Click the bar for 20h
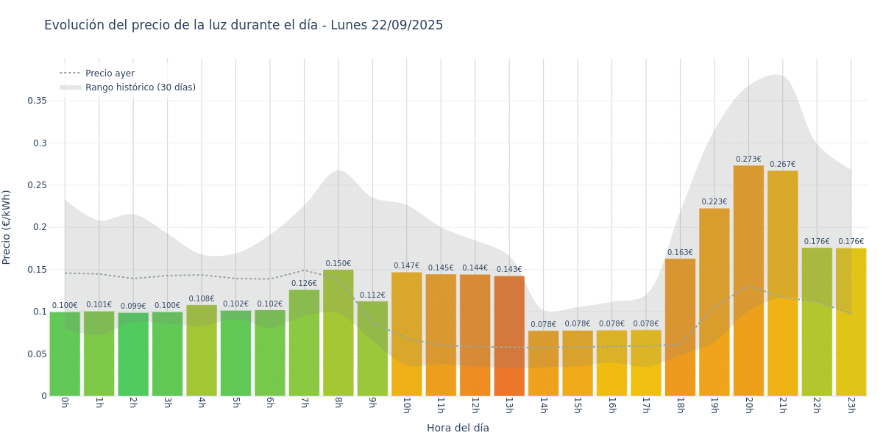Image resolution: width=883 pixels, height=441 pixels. click(x=748, y=281)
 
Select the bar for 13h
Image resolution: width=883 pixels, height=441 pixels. click(x=509, y=336)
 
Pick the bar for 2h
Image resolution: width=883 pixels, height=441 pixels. click(x=133, y=354)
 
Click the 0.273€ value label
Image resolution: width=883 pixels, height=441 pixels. click(x=748, y=159)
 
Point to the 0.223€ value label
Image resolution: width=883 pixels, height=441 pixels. click(x=714, y=202)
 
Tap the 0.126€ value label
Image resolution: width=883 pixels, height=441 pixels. click(x=304, y=284)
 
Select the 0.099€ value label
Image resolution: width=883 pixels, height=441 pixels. click(x=133, y=306)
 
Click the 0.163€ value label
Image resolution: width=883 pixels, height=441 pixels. click(x=680, y=253)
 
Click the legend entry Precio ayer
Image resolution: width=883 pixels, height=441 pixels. click(x=110, y=73)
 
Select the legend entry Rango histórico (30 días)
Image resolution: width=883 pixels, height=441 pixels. click(x=141, y=87)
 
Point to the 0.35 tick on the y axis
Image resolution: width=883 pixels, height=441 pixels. click(x=37, y=101)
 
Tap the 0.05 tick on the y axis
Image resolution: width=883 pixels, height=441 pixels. click(x=37, y=354)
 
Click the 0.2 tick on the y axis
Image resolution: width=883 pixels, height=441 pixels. click(x=40, y=227)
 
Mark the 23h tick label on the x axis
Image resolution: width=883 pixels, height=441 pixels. click(x=851, y=406)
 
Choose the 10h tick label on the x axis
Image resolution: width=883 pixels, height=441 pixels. click(x=406, y=406)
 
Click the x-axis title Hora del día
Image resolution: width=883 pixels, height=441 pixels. click(x=458, y=428)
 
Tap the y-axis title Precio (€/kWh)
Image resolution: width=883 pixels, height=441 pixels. click(x=7, y=227)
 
